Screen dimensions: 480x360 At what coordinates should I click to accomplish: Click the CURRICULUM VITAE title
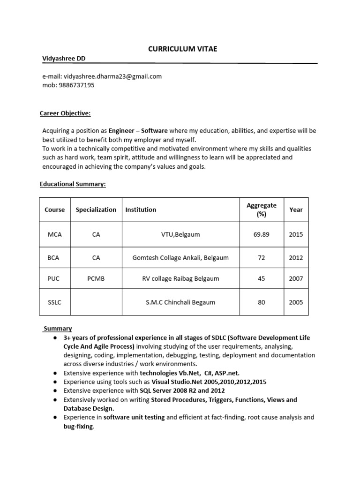coord(182,49)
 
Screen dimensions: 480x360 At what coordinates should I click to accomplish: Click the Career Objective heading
coord(65,113)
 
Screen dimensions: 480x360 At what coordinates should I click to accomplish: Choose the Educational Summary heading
coord(73,184)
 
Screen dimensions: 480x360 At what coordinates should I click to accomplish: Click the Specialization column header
coord(96,210)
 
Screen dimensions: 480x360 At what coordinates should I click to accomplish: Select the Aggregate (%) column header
coord(261,210)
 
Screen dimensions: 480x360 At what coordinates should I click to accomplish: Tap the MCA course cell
coord(55,234)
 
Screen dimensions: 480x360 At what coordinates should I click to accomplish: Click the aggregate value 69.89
coord(261,234)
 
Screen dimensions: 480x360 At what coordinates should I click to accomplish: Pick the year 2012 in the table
coord(296,257)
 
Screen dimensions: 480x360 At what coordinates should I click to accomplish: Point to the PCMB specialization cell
coord(96,278)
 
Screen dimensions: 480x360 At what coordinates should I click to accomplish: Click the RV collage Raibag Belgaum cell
coord(181,278)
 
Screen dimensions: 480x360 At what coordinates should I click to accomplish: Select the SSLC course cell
coord(55,302)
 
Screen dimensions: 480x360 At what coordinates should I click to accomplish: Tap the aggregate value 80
coord(261,302)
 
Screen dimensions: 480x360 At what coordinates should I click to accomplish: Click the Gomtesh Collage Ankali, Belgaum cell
coord(181,257)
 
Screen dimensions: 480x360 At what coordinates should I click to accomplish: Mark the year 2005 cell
coord(296,302)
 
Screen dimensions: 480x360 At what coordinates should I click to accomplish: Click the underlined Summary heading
coord(58,329)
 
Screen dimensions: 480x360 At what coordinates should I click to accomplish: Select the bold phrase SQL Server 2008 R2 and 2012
coord(180,390)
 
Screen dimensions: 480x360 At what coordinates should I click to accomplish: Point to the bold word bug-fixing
coord(78,427)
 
